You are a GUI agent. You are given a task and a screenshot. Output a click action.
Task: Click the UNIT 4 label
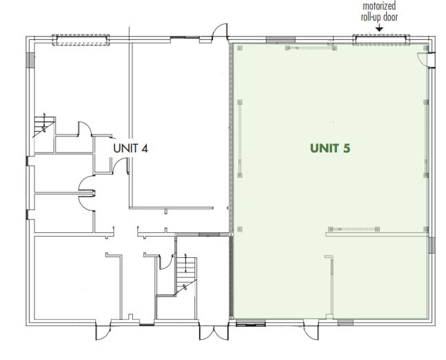130,148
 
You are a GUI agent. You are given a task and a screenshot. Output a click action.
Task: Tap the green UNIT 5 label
335,148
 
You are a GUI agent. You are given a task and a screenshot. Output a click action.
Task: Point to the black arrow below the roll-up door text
378,28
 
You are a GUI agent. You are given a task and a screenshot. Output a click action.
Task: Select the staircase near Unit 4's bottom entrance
185,273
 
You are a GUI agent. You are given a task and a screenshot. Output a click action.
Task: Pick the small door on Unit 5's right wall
432,61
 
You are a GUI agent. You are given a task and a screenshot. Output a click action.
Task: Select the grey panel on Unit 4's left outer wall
29,59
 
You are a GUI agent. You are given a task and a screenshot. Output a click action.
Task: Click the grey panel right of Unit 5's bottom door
346,322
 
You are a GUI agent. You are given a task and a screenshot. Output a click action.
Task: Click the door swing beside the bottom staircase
166,262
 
